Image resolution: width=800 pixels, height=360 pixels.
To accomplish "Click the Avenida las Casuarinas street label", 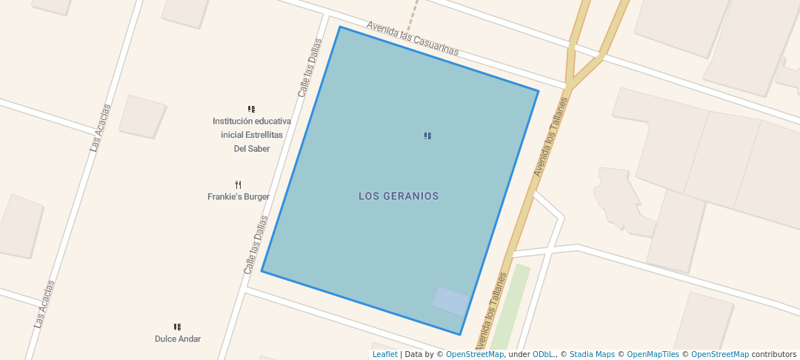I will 413,39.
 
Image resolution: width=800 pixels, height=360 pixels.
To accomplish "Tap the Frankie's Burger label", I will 239,197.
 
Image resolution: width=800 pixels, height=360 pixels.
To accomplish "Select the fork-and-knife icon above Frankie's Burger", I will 239,184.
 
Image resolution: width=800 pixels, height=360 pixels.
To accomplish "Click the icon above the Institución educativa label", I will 252,109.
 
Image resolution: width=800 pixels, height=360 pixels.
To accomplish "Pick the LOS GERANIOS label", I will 399,196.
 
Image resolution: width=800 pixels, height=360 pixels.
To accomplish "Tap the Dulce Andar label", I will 178,339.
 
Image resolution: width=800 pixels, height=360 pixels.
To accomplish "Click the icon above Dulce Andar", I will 178,327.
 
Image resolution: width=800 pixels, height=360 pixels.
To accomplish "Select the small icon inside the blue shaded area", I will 427,136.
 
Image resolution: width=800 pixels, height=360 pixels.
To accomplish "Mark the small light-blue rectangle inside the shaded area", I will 451,301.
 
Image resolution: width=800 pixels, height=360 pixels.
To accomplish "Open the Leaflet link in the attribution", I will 384,354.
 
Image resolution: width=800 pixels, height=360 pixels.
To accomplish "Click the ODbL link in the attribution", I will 544,354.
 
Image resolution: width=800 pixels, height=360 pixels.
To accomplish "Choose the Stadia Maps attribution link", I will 593,354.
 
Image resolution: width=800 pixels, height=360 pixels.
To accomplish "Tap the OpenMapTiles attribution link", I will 653,354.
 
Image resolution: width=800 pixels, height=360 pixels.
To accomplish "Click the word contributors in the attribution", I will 773,354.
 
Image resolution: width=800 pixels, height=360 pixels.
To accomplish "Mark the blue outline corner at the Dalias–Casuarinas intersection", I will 340,27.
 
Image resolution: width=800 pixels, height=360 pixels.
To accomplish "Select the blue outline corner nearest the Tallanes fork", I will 539,91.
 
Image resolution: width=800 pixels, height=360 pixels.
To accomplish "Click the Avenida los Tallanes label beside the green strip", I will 491,311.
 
